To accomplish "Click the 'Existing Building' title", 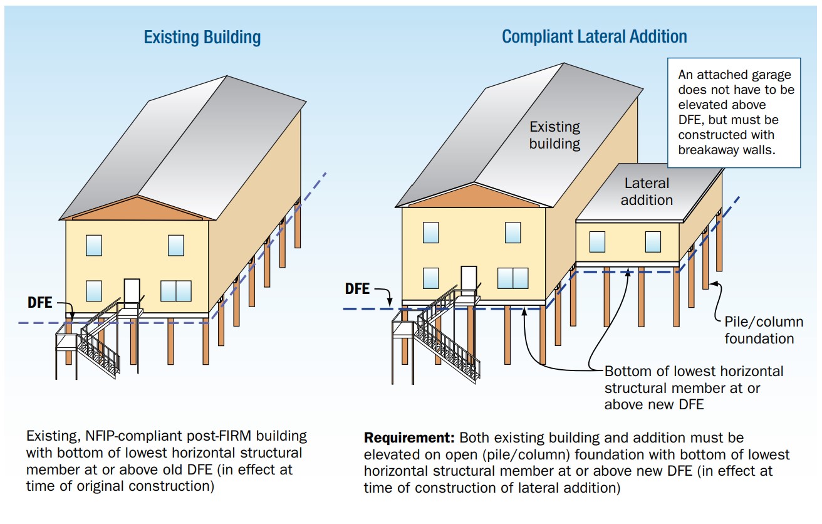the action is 202,38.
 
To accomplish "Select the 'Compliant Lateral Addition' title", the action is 594,37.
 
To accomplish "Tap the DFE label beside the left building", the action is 40,303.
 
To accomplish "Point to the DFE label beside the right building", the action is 357,288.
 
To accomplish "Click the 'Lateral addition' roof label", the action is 647,192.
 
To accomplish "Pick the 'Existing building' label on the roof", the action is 554,135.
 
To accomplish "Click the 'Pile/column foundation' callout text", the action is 764,330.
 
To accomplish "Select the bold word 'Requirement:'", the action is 409,438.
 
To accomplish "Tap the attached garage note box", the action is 734,113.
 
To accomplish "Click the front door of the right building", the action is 469,278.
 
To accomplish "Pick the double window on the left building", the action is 176,291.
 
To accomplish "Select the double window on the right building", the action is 512,278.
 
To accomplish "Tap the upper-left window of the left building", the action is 94,245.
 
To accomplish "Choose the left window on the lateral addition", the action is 597,241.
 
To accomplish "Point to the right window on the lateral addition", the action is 653,241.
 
